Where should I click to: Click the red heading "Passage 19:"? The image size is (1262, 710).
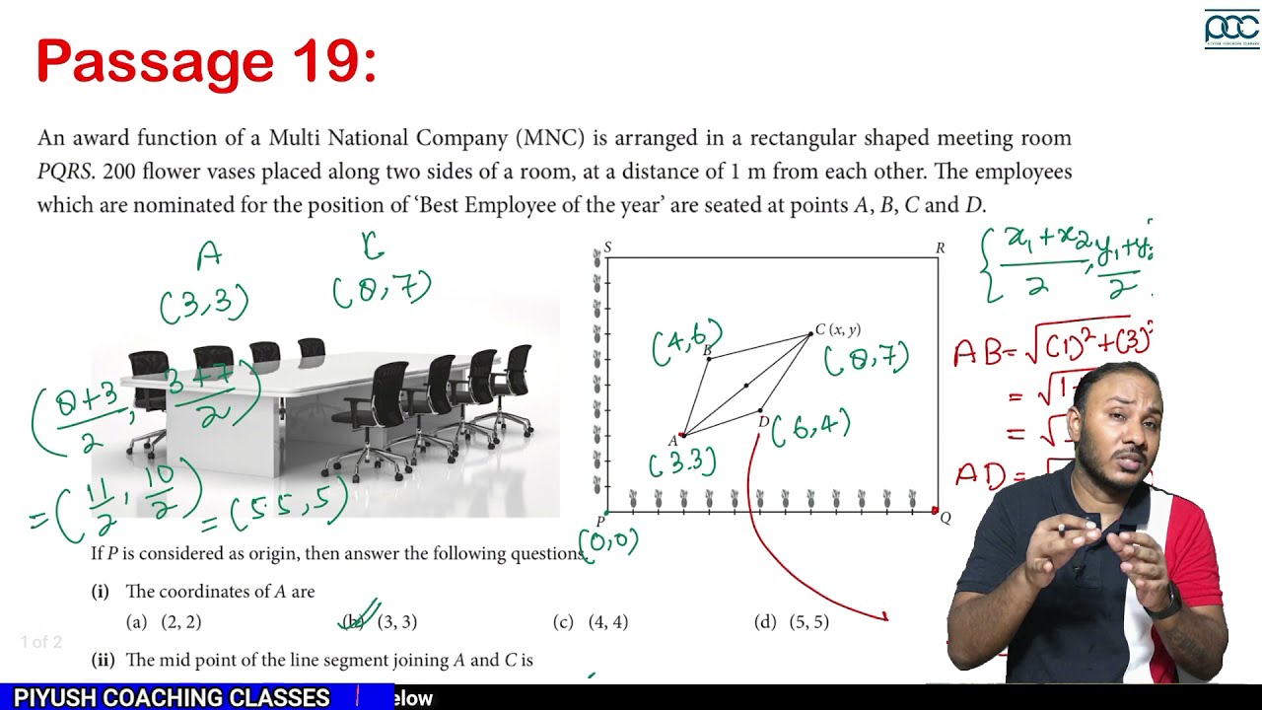coord(206,61)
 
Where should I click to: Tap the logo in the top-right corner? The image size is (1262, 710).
coord(1230,29)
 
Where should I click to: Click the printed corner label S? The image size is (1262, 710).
coord(607,247)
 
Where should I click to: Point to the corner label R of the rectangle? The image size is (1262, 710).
coord(941,248)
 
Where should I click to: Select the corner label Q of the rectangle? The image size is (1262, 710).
coord(946,518)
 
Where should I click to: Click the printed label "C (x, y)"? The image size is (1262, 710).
coord(837,329)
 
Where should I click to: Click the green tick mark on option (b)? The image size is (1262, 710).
coord(362,613)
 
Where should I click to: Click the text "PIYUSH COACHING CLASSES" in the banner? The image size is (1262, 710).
coord(172,698)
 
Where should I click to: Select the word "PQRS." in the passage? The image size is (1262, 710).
coord(67,173)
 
